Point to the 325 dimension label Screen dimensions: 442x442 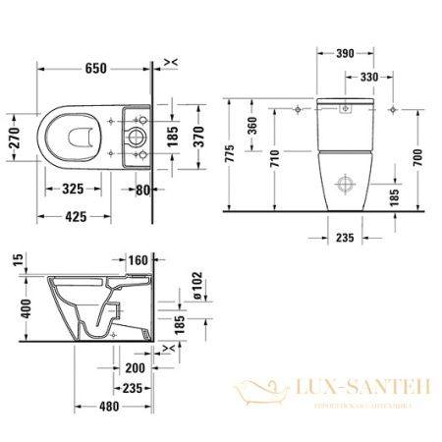[76, 187]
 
